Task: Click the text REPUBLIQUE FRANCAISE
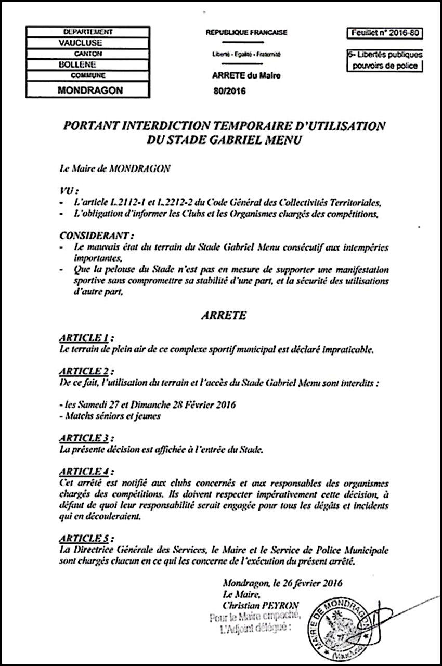point(246,32)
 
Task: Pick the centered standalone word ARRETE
point(220,315)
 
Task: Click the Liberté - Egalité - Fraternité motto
point(246,54)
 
